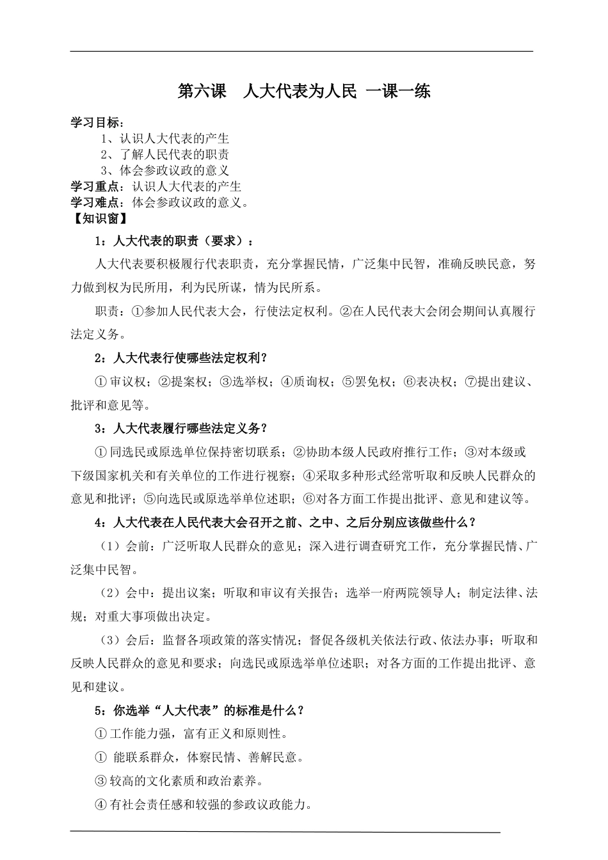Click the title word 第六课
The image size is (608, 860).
(x=202, y=92)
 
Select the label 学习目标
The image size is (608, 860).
(x=94, y=123)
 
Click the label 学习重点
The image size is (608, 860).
(x=94, y=187)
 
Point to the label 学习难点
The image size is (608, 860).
(x=94, y=203)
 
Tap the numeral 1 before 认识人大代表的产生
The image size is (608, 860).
(x=104, y=139)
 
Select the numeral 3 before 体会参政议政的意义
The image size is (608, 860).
(x=104, y=171)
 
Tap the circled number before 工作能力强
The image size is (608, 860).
(x=100, y=734)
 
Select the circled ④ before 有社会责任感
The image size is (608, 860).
(x=100, y=805)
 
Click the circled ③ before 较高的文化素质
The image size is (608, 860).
(x=100, y=781)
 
